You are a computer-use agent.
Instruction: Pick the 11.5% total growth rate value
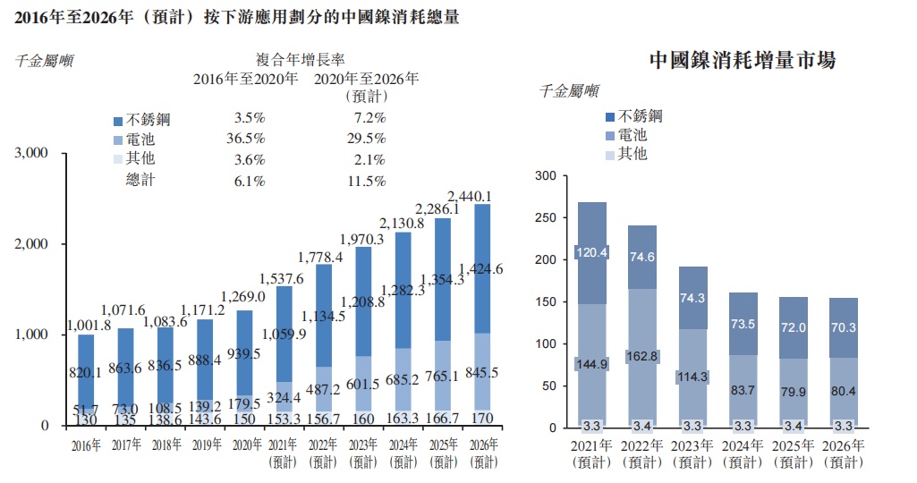point(367,182)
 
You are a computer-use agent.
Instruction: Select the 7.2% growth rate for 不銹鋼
point(368,118)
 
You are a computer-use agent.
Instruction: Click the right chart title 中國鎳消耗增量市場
point(742,61)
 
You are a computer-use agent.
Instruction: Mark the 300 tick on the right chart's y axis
point(544,176)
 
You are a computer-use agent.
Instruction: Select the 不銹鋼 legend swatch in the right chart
point(611,117)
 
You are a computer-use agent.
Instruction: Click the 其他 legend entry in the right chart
point(632,154)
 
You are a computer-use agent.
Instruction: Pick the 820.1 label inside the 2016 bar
point(86,372)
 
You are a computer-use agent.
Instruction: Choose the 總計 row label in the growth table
point(143,182)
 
